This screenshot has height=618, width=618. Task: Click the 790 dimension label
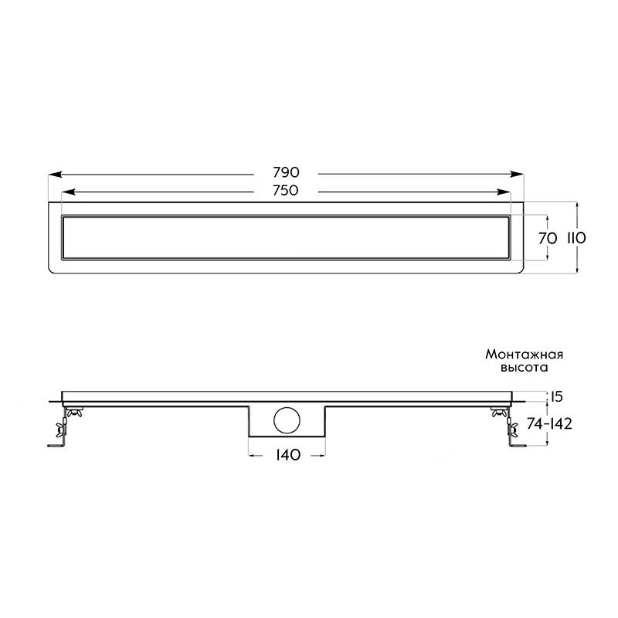pos(286,172)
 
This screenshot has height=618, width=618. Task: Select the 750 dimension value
pos(286,191)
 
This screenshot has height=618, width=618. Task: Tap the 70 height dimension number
pos(548,238)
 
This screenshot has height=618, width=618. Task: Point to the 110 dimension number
pos(576,238)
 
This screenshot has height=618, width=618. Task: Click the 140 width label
pos(287,455)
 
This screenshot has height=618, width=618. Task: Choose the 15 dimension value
pos(556,396)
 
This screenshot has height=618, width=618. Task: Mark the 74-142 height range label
pos(549,423)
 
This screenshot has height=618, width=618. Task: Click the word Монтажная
pos(525,355)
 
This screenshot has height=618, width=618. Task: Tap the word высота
pos(525,368)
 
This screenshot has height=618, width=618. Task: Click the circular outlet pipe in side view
pos(287,420)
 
